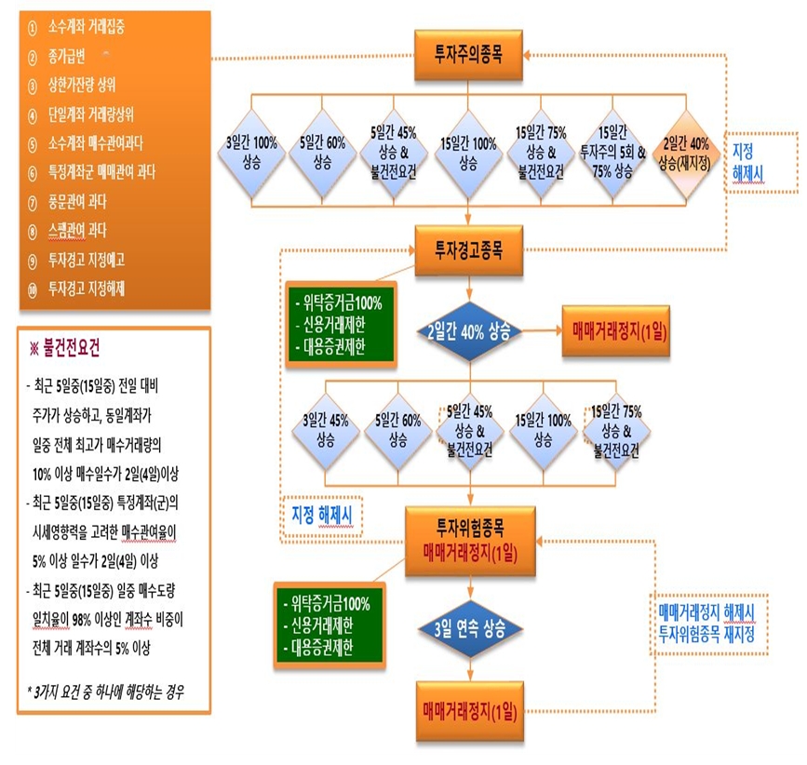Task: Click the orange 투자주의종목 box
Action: pos(471,55)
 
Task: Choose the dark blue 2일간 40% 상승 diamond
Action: pos(471,332)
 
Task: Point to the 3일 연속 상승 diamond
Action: pos(471,628)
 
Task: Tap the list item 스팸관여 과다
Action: pos(84,231)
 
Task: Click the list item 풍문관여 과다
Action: pos(84,202)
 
